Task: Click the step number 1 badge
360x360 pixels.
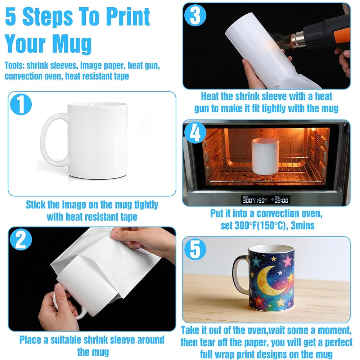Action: pos(21,104)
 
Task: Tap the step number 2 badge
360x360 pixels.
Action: pos(21,239)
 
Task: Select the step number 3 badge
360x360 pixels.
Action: pos(195,15)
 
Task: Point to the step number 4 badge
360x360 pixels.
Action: pos(195,132)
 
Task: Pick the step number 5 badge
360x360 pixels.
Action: pos(195,249)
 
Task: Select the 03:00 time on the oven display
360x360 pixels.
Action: pos(281,201)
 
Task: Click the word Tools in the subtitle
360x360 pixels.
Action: pos(14,66)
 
